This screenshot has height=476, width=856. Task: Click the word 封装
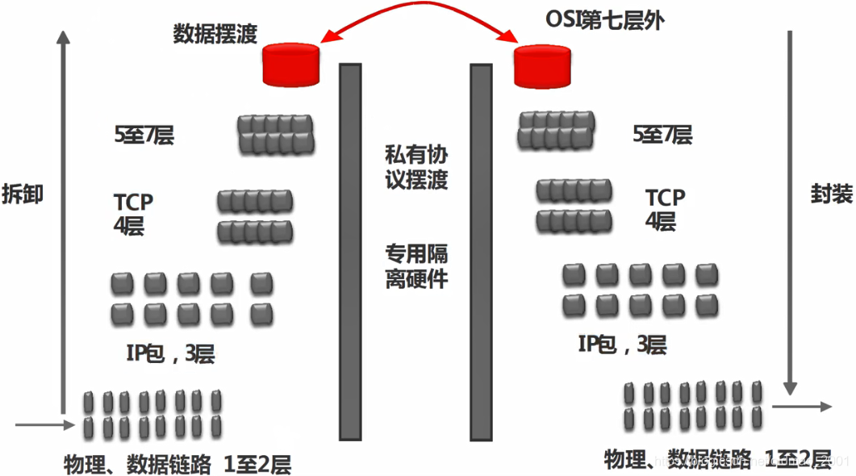click(x=831, y=194)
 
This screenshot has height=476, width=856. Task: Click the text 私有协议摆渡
click(x=416, y=166)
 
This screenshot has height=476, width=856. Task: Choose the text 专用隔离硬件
click(x=416, y=267)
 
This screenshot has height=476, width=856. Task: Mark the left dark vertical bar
click(x=350, y=251)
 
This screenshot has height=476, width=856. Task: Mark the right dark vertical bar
click(x=481, y=251)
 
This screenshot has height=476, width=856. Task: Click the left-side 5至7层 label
click(x=144, y=135)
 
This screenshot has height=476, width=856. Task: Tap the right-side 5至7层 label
click(x=662, y=135)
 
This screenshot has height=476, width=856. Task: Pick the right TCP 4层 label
click(x=665, y=209)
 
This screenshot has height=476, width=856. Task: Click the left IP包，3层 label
click(x=170, y=353)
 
